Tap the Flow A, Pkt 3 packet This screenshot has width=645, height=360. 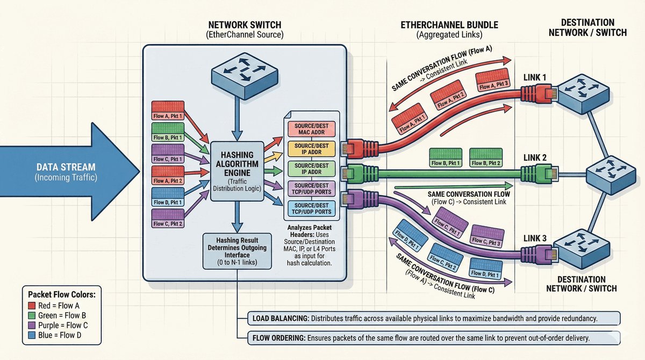(x=492, y=83)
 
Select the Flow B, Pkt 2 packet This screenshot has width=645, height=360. (x=486, y=157)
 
